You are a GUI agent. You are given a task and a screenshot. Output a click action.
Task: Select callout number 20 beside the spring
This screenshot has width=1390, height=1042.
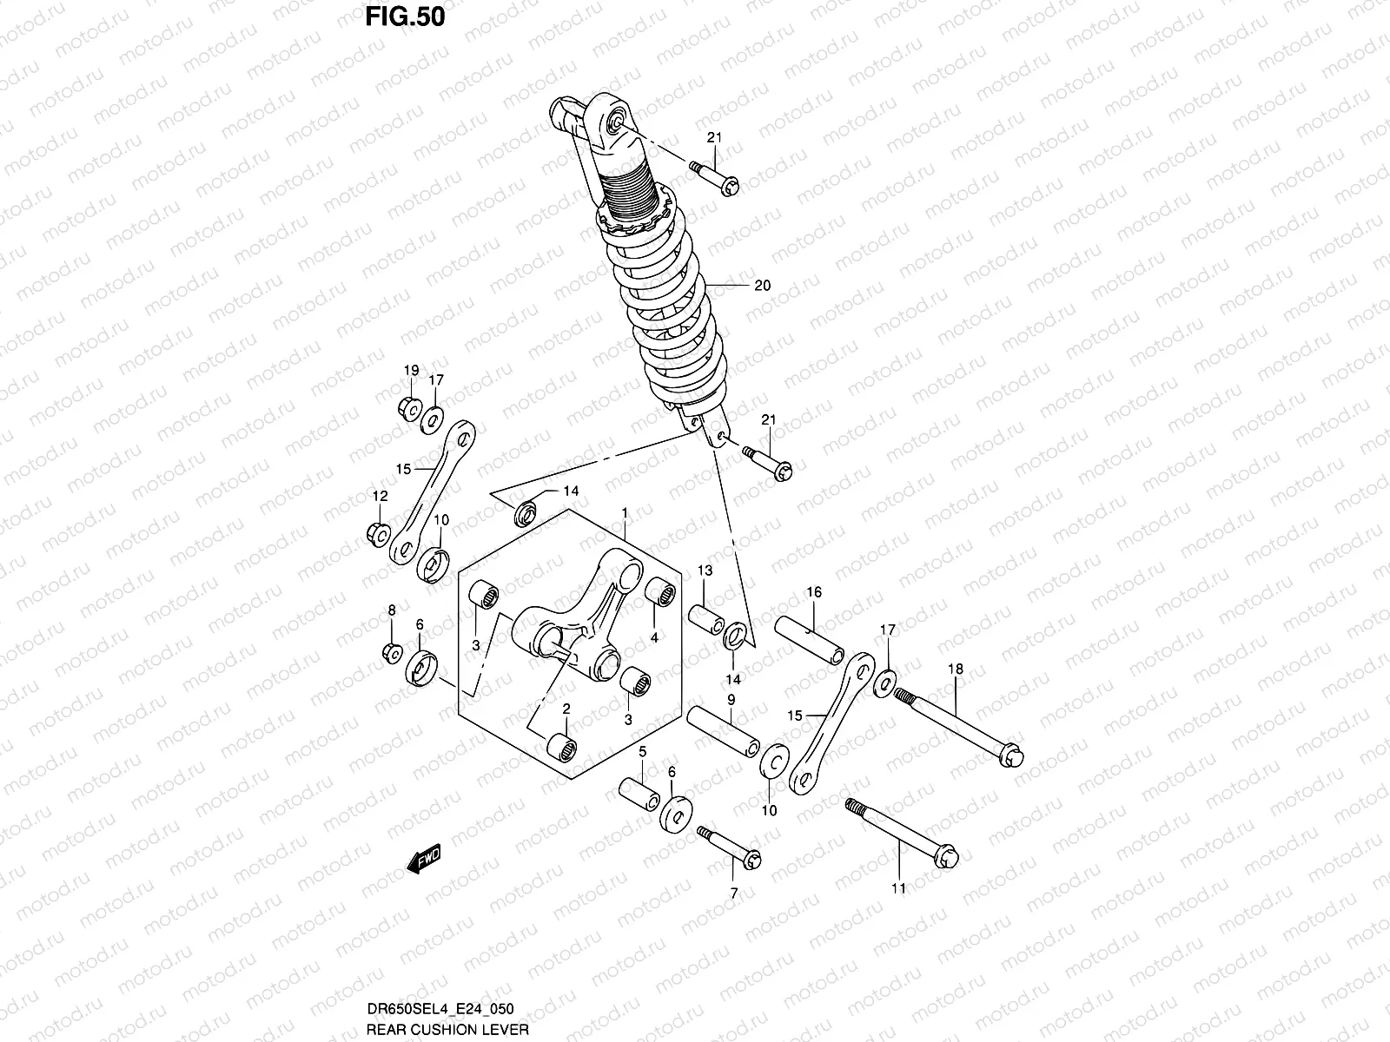click(x=763, y=286)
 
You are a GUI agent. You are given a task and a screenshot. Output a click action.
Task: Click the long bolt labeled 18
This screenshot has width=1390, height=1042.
click(x=959, y=722)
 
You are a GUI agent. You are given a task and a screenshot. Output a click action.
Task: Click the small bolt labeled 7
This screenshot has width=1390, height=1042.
click(x=730, y=845)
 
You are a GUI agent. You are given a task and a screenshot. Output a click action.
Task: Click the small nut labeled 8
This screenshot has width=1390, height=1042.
click(x=391, y=651)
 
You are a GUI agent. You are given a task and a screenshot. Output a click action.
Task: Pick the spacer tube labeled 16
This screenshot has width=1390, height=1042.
click(x=810, y=641)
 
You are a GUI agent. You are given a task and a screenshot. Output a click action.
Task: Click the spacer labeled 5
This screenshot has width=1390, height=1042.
click(x=638, y=792)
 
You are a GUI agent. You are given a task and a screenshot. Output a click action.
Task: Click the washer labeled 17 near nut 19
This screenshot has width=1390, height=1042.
click(x=432, y=421)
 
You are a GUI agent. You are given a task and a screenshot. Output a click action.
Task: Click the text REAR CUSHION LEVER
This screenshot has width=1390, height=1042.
click(x=446, y=1029)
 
